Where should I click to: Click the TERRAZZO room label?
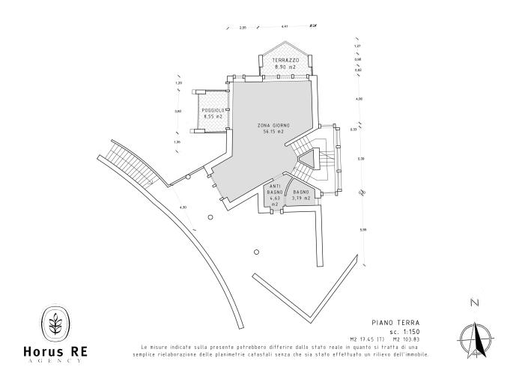point(285,60)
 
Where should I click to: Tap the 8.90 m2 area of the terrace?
point(285,67)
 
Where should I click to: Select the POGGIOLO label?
point(213,110)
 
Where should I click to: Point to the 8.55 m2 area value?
point(213,117)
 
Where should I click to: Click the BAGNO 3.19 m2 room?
point(301,195)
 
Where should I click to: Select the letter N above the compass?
point(473,303)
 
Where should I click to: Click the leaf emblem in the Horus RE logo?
point(55,324)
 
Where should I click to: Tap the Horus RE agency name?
point(55,352)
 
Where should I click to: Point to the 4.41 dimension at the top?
point(285,27)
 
